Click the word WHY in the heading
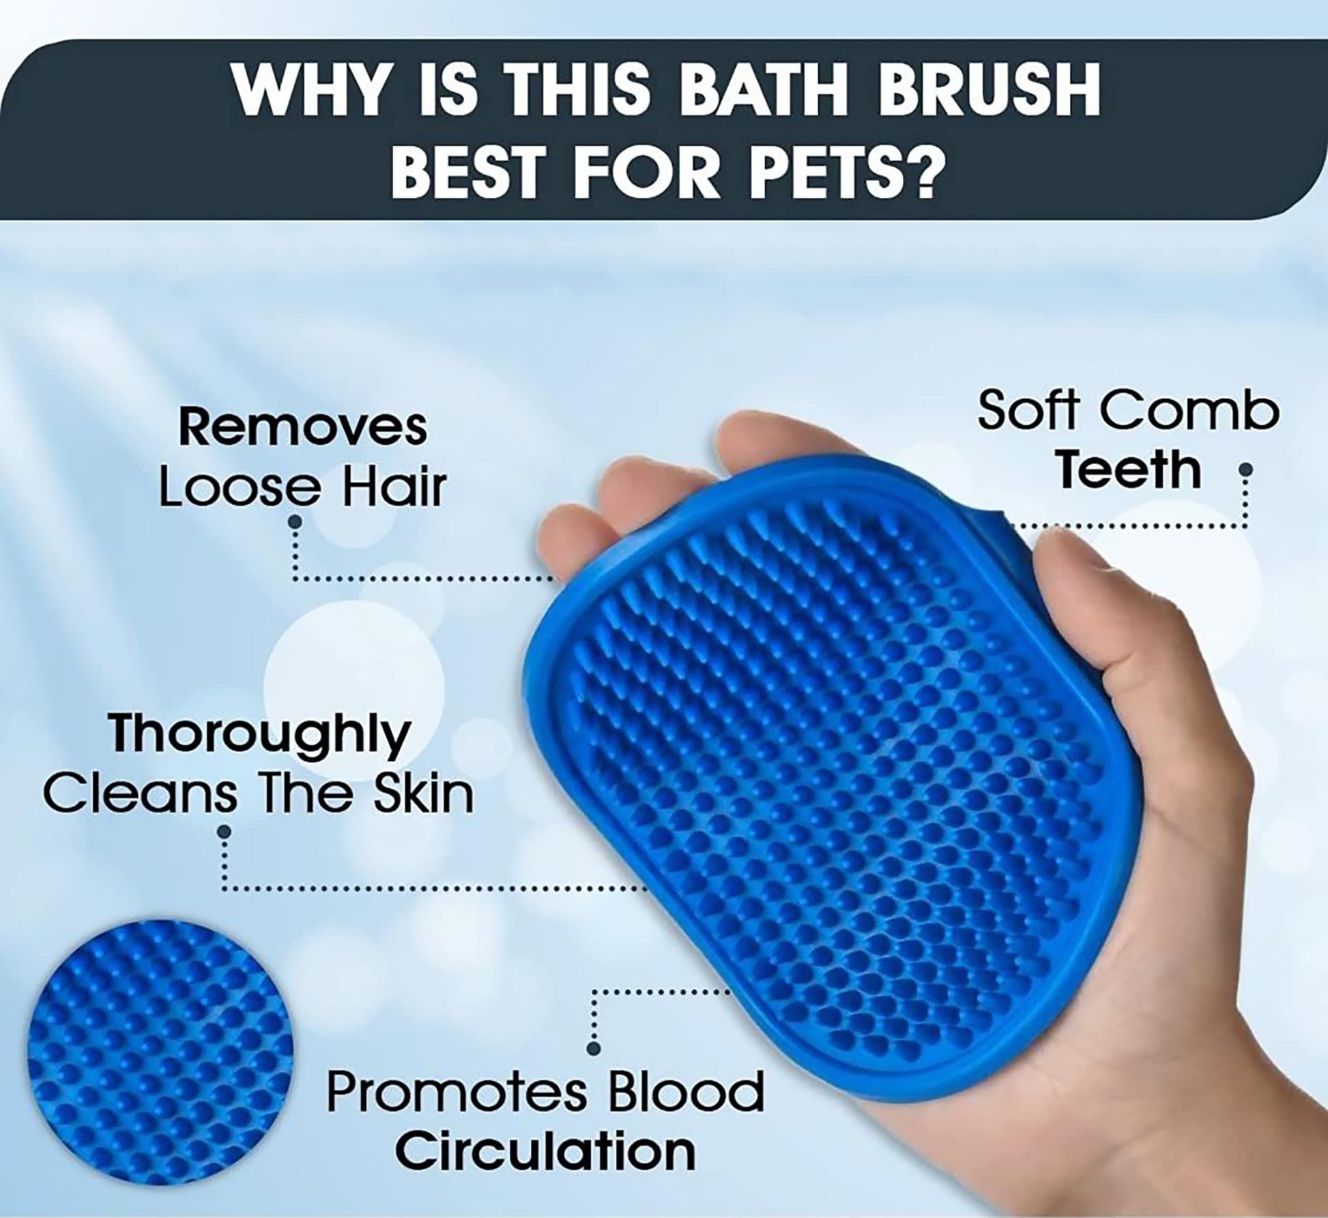(x=309, y=93)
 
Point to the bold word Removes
(x=302, y=427)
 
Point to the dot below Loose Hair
(x=295, y=521)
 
